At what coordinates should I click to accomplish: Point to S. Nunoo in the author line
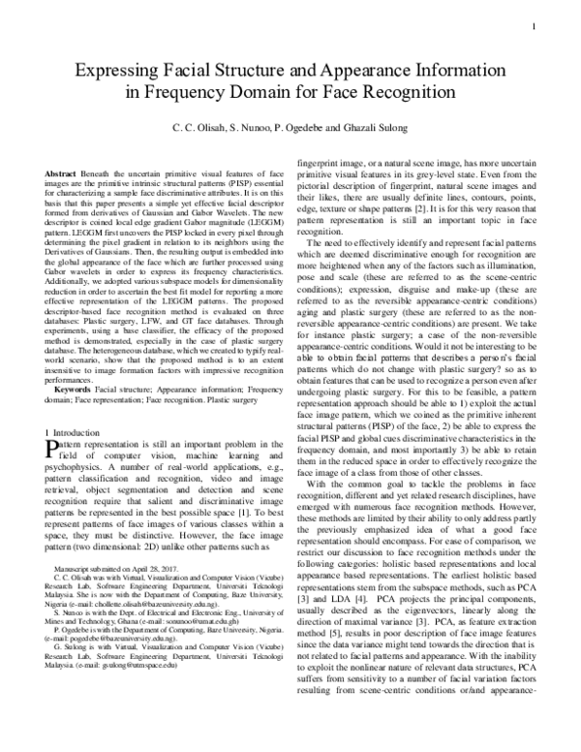coord(238,131)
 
